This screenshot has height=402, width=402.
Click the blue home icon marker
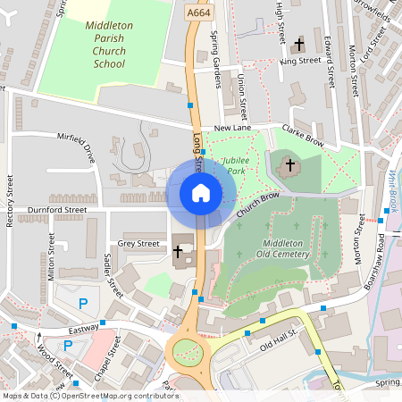pyautogui.click(x=201, y=192)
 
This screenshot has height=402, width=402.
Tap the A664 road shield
pyautogui.click(x=198, y=13)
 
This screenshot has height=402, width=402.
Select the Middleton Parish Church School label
pyautogui.click(x=109, y=45)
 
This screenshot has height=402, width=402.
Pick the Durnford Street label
pyautogui.click(x=57, y=210)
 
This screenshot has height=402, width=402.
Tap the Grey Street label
pyautogui.click(x=138, y=243)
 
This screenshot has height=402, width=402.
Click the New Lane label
pyautogui.click(x=235, y=130)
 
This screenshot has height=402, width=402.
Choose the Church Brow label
pyautogui.click(x=259, y=203)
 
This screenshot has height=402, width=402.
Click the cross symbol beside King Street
pyautogui.click(x=299, y=44)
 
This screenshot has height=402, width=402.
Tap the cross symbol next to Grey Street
pyautogui.click(x=178, y=254)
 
